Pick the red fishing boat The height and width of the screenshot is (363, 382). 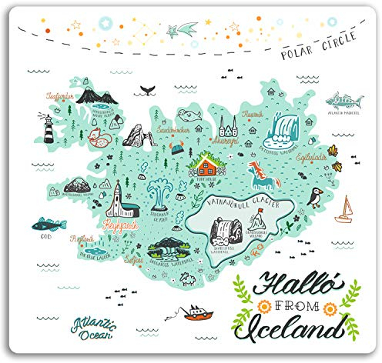(194, 311)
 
